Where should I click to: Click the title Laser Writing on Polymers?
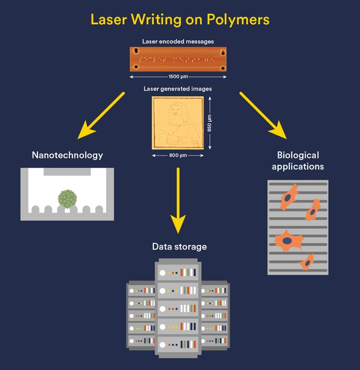180,20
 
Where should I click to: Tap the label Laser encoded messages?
178,41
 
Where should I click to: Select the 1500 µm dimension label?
178,77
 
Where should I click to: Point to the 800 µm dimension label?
178,155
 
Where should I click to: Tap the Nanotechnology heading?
67,155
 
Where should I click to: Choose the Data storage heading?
179,246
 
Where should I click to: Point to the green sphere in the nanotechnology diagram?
67,199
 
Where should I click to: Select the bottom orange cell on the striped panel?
306,261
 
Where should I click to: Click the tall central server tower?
178,304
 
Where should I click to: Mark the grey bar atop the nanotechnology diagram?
67,172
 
